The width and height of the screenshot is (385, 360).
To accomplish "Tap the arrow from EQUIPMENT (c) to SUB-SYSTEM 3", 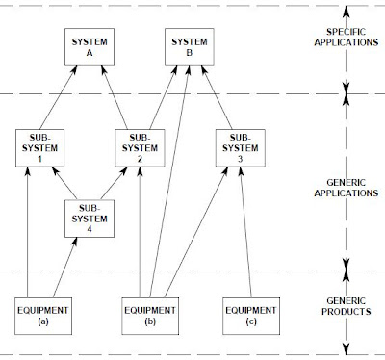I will pyautogui.click(x=244, y=231).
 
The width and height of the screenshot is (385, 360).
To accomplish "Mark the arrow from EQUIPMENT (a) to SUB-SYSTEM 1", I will pyautogui.click(x=28, y=231).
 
